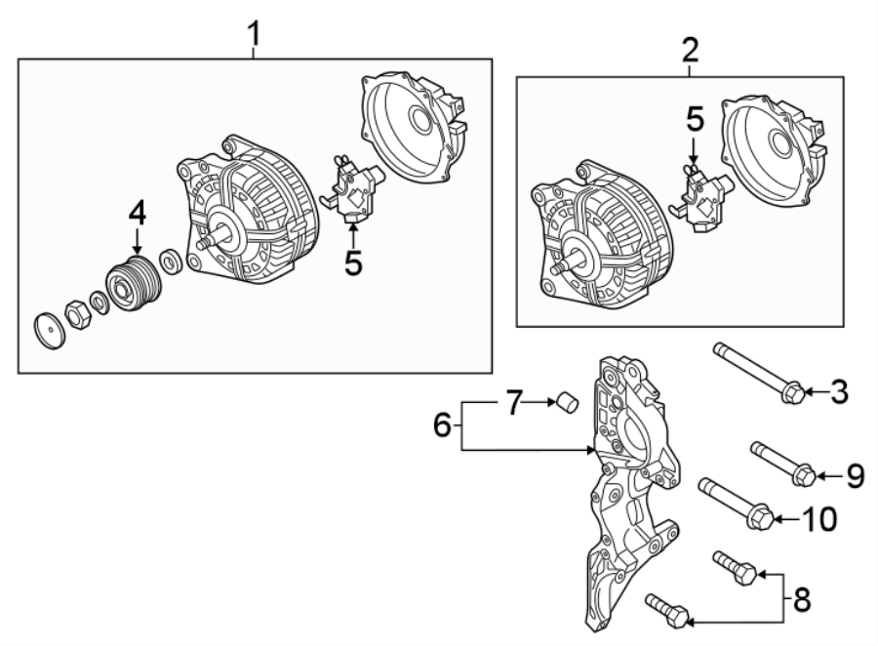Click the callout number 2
coord(690,52)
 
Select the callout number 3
coord(838,393)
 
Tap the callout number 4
coord(138,212)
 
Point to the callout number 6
coord(442,425)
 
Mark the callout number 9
coord(855,475)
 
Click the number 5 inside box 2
coord(694,120)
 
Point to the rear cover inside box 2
coord(772,150)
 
